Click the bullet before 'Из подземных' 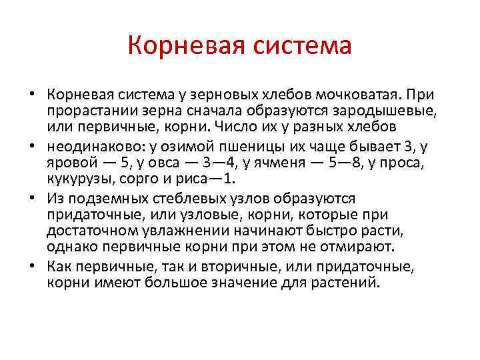[x=39, y=199]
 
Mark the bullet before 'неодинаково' [x=39, y=147]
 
